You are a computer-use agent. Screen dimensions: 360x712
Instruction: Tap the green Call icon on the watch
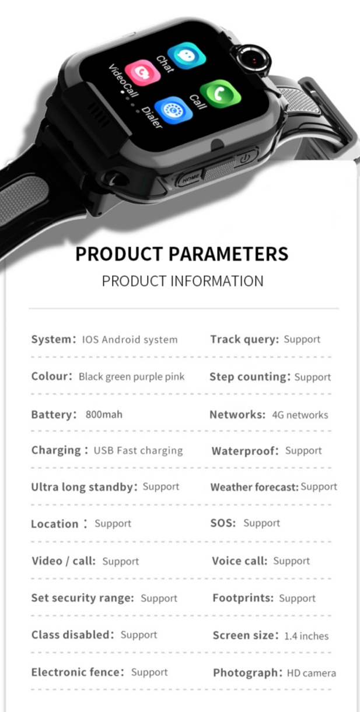tap(221, 94)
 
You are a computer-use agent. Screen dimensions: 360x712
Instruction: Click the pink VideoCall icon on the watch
tap(142, 73)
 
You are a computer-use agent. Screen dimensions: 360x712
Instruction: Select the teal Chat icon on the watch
tap(186, 55)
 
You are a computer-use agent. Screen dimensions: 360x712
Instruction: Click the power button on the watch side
tap(245, 157)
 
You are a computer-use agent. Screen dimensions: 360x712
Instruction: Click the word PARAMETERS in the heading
tap(228, 254)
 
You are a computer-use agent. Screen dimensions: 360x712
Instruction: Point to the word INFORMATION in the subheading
tap(217, 281)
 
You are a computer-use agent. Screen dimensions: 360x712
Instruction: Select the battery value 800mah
tap(104, 415)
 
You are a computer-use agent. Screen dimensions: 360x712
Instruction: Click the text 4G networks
tap(300, 415)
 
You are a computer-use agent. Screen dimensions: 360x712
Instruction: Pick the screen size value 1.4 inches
tap(306, 636)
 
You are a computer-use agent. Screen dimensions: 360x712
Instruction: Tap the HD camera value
tap(312, 673)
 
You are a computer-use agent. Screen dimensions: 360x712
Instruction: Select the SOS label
tap(223, 523)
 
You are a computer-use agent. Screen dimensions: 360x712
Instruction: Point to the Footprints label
tap(243, 598)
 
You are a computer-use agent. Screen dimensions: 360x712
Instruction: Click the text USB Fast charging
tap(138, 450)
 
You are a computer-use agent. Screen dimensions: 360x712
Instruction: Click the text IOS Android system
tap(130, 339)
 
